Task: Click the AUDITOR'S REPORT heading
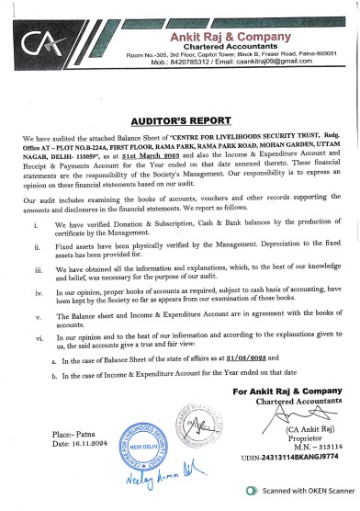(x=180, y=120)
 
